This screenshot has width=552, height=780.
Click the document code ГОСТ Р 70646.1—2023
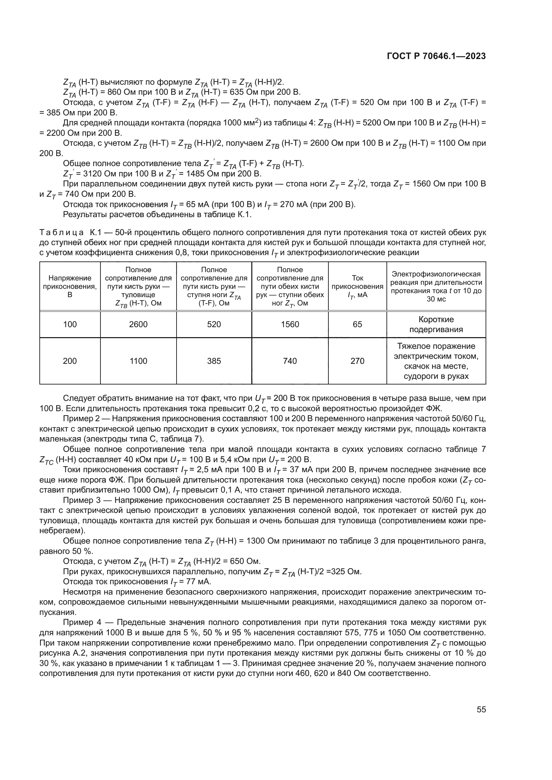(436, 56)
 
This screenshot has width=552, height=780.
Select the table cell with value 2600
(139, 324)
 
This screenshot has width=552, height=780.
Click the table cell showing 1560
(290, 324)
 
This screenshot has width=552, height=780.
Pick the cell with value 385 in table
(214, 361)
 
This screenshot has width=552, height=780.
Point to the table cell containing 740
(290, 361)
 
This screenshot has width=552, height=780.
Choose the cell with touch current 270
(357, 361)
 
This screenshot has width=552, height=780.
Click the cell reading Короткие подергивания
(436, 324)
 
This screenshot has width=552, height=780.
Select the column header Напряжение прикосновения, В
(70, 286)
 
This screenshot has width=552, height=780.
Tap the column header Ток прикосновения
(357, 286)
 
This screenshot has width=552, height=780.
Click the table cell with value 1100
(139, 361)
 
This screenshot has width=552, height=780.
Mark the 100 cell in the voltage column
(70, 324)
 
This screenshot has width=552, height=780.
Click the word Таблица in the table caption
(61, 233)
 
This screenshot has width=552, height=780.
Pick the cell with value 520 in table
(214, 324)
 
